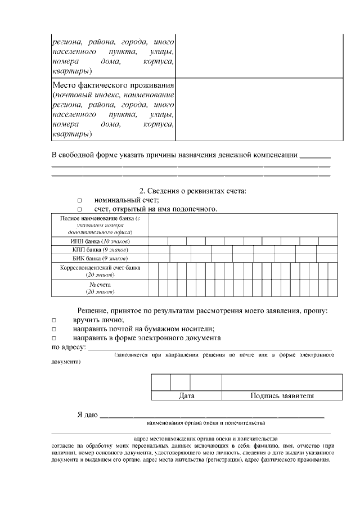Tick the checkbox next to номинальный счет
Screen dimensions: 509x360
[79, 200]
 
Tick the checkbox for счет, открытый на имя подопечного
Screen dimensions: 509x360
[79, 210]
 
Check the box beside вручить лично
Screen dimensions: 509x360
[55, 320]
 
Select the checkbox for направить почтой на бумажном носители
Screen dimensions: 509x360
[55, 329]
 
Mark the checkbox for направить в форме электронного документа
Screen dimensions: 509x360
[55, 339]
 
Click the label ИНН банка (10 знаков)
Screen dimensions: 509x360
[100, 241]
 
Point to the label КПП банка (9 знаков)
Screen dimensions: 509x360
[100, 249]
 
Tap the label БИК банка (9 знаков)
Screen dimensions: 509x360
[100, 258]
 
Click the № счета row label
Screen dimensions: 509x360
[100, 288]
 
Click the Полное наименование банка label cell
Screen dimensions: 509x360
[100, 225]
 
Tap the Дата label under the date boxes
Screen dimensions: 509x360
[187, 396]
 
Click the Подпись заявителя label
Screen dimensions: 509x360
[281, 396]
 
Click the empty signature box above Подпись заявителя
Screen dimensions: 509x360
[281, 382]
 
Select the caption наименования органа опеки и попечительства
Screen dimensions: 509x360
[205, 422]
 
